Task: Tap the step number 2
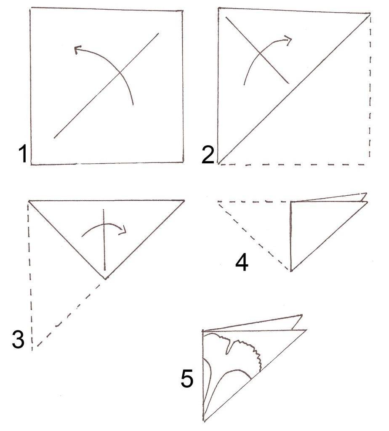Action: (208, 155)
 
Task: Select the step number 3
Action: (18, 340)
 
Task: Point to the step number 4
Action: (242, 263)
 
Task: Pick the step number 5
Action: (187, 378)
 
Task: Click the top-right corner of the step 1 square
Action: (183, 11)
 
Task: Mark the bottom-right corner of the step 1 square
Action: (183, 162)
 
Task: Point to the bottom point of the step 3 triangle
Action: (105, 279)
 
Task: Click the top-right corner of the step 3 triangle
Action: (184, 200)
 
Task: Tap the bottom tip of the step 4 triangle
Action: (291, 271)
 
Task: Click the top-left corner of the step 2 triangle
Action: (218, 8)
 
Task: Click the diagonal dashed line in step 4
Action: (253, 236)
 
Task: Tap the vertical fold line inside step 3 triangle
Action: (104, 239)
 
